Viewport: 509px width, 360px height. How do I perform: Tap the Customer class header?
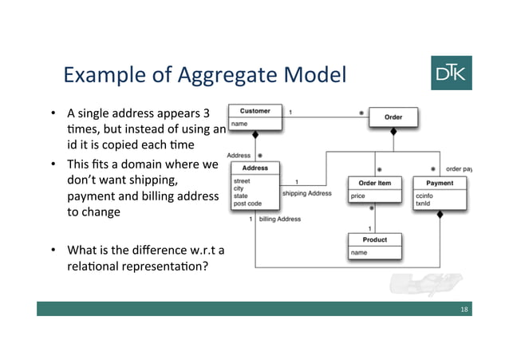(x=254, y=111)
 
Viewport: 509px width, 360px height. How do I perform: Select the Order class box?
(x=393, y=117)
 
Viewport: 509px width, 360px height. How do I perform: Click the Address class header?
(x=254, y=168)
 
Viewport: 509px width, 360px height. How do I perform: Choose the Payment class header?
(x=439, y=183)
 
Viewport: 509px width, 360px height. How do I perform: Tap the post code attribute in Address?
(x=247, y=204)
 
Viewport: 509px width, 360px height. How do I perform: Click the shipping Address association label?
(x=307, y=193)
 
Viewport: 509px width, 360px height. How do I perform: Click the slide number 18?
(x=464, y=308)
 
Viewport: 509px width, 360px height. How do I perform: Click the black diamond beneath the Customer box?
(x=254, y=133)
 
